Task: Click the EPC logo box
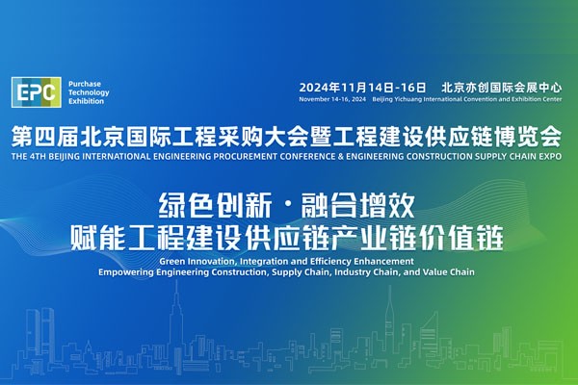37,92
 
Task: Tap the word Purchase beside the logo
85,84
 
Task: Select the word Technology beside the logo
89,92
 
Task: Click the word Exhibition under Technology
87,101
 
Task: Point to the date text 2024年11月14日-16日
362,88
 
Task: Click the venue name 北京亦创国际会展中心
502,88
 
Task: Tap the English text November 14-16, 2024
332,99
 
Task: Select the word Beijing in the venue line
382,99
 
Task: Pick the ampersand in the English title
340,156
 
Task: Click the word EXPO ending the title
550,156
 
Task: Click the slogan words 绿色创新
216,206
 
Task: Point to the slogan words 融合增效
358,206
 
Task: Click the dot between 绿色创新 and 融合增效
287,206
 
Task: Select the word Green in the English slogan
172,261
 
